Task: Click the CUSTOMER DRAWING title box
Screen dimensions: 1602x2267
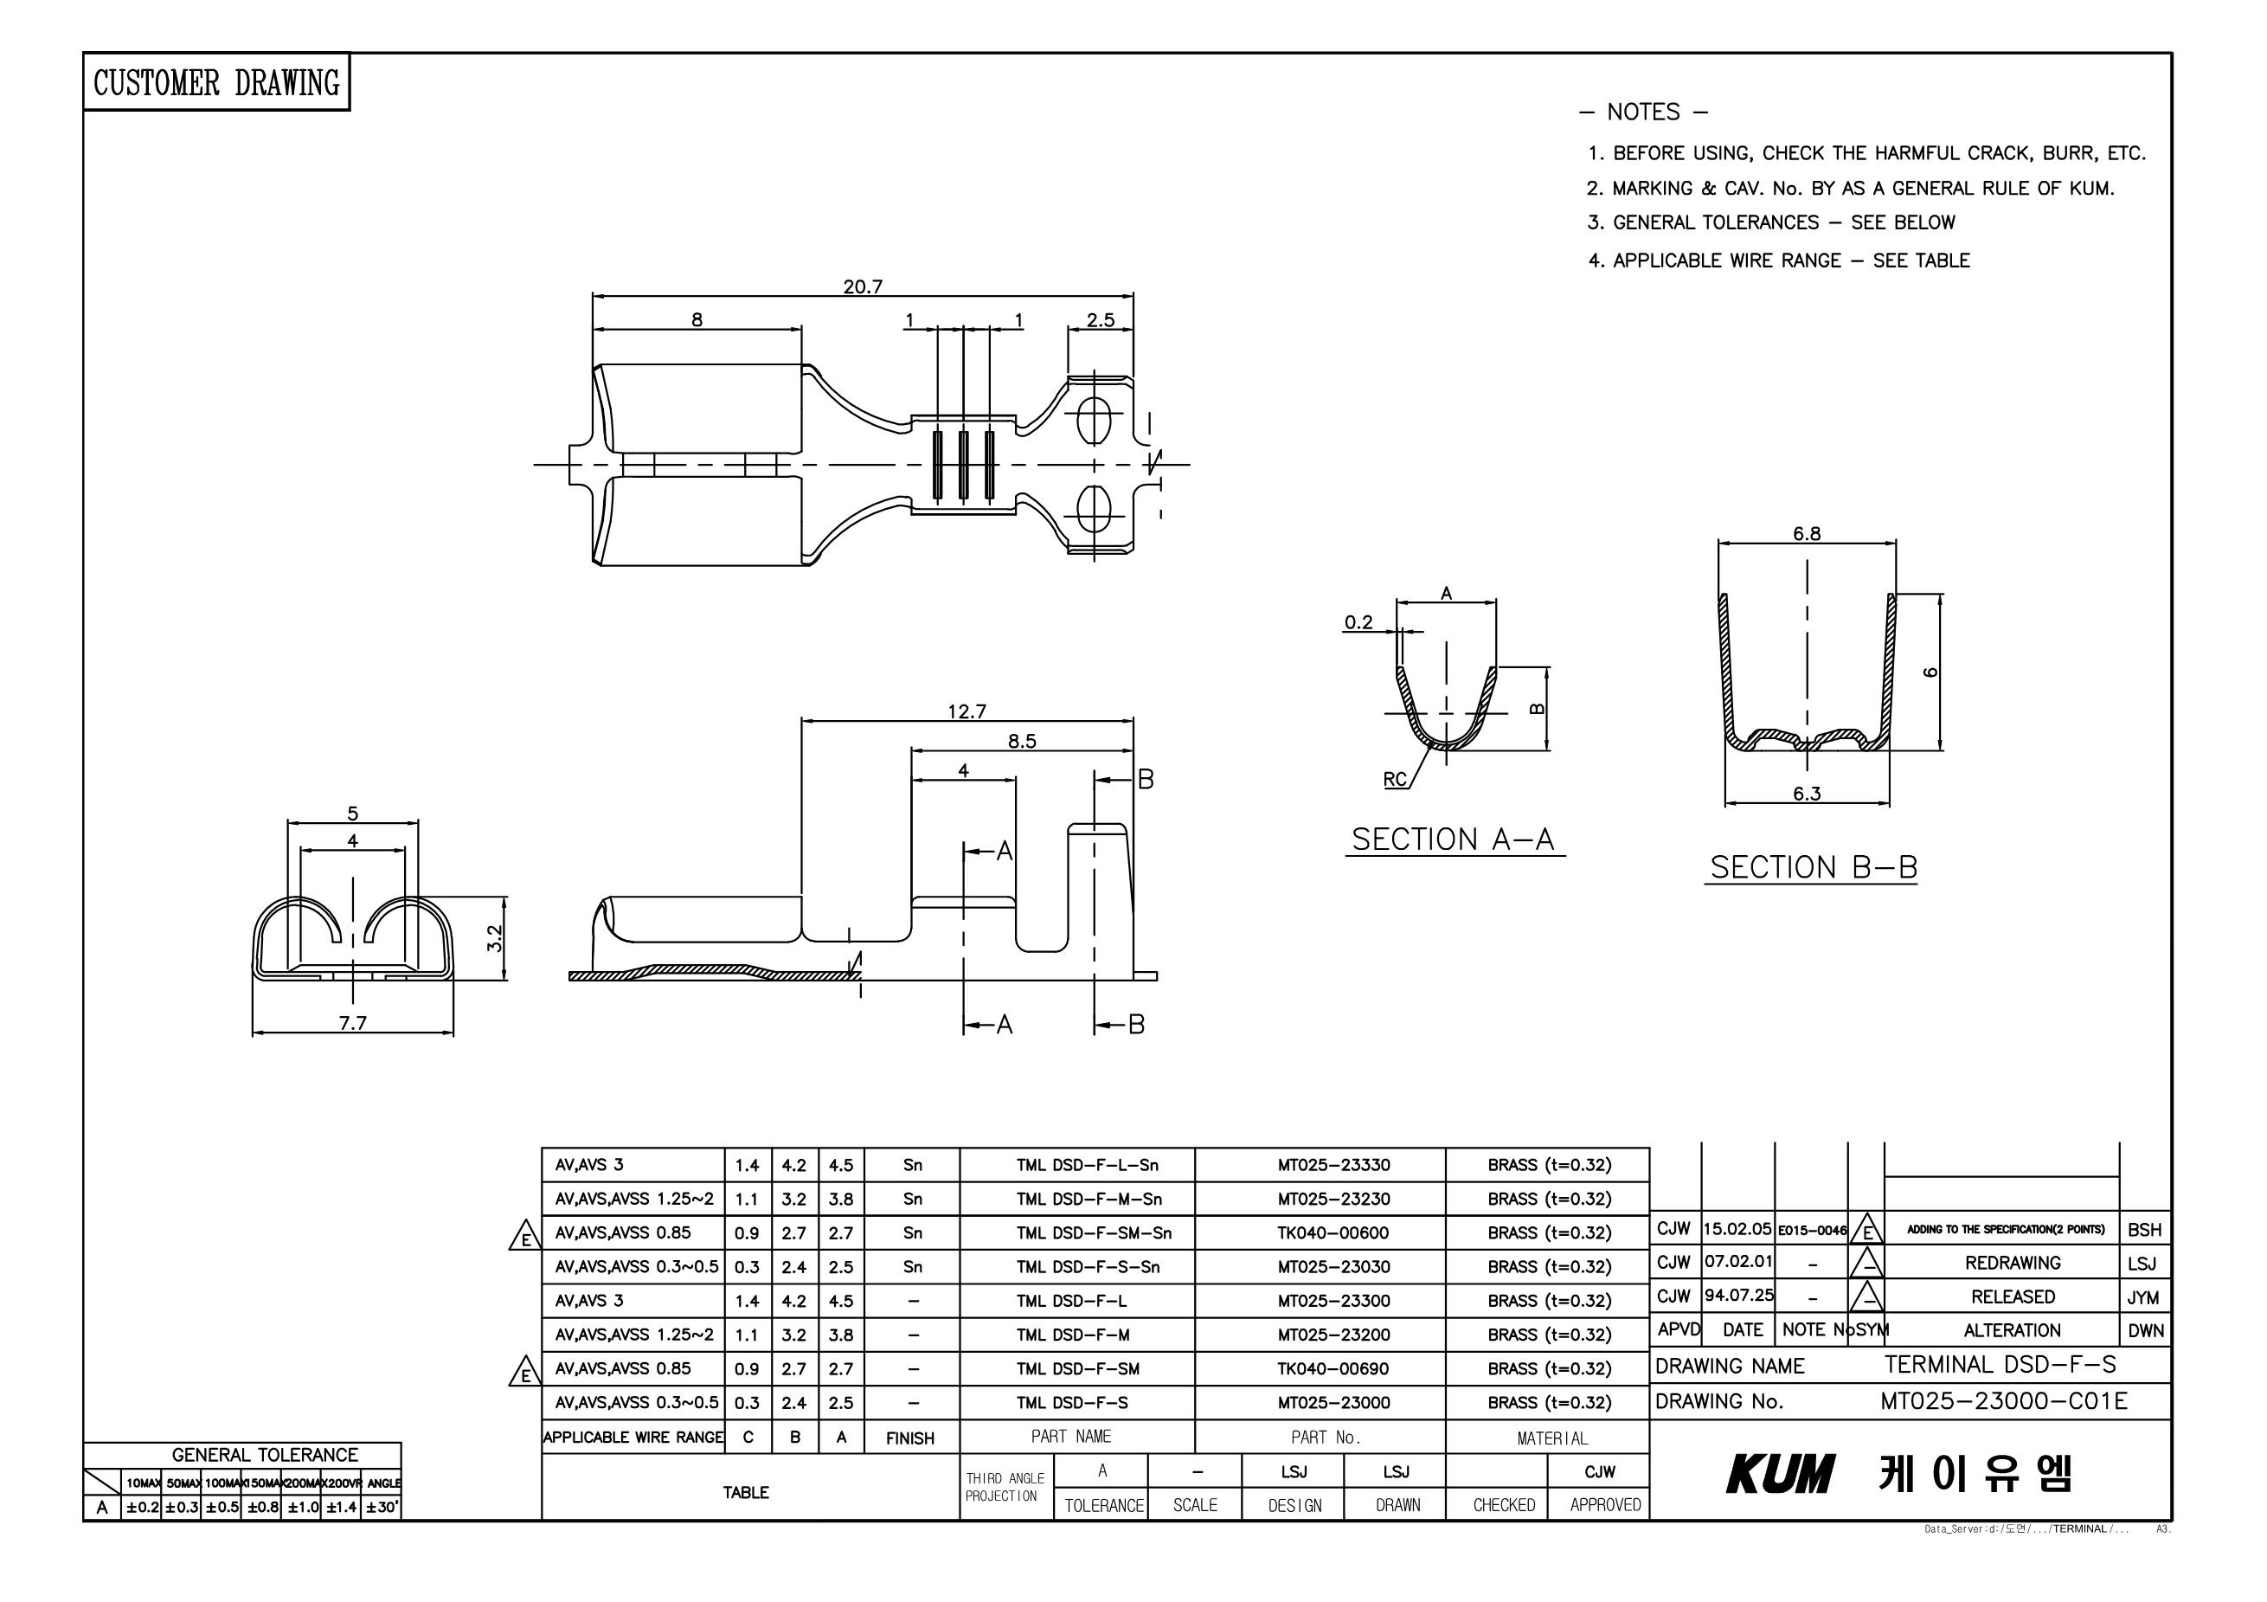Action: [216, 82]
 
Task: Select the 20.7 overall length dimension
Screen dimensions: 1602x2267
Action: [862, 287]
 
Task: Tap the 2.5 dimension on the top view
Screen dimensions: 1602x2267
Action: [1100, 320]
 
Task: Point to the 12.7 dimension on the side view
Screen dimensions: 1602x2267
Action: [967, 712]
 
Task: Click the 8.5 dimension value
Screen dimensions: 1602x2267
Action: [1022, 742]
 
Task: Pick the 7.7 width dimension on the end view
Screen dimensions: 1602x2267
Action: [352, 1023]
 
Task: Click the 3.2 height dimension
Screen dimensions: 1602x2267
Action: [497, 937]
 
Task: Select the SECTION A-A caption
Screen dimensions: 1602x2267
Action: [1453, 840]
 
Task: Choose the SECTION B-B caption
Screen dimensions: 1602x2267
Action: [1813, 867]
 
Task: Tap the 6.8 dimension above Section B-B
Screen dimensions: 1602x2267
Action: [1807, 534]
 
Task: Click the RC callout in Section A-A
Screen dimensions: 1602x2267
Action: [1394, 779]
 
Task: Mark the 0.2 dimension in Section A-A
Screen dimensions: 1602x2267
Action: [1358, 622]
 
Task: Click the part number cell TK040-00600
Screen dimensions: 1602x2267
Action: [1333, 1232]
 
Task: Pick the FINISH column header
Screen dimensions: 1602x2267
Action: [909, 1438]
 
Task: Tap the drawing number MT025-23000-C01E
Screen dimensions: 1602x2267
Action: [2004, 1401]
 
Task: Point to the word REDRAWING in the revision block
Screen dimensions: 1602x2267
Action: [2013, 1264]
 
